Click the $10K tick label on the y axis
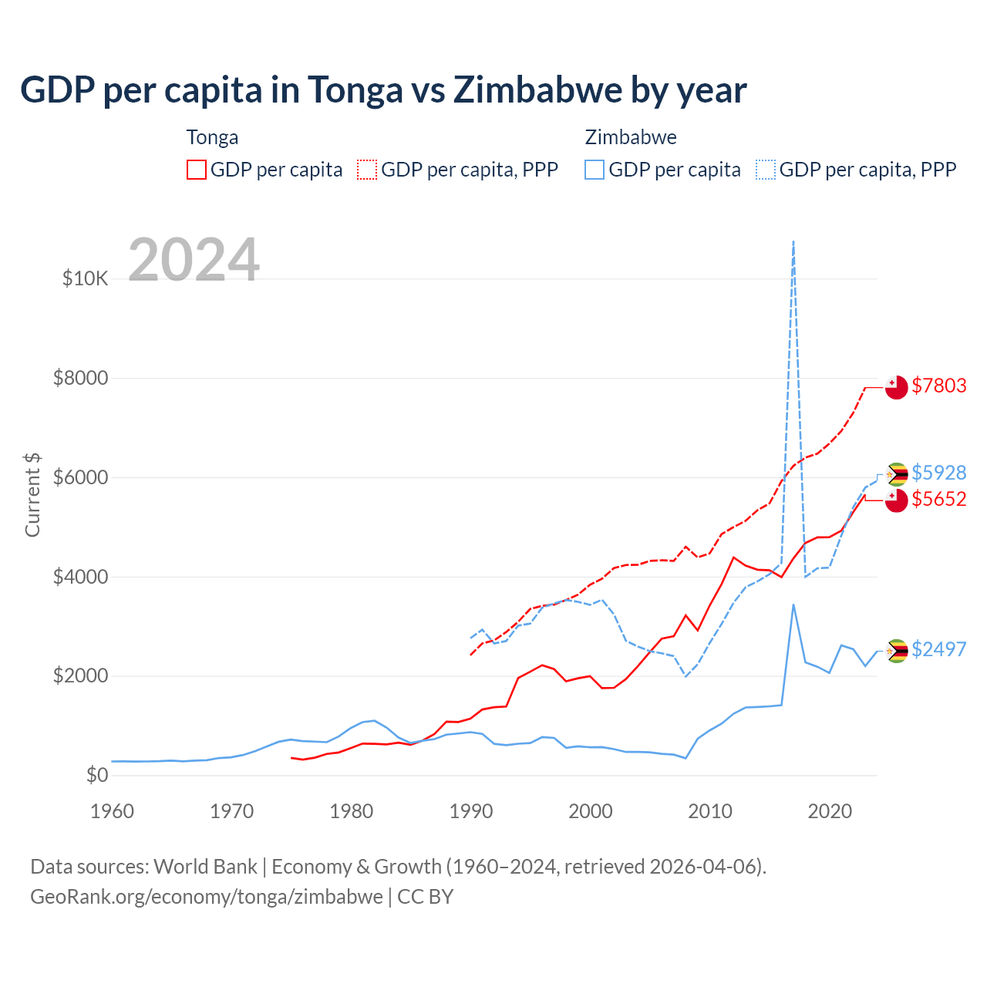[x=86, y=278]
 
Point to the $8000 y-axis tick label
[x=80, y=378]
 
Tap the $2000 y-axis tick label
[x=80, y=676]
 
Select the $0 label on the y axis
[x=96, y=775]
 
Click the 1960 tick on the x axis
[x=112, y=811]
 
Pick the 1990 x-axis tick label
[x=471, y=811]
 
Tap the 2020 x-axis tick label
[x=830, y=811]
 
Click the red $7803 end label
[x=938, y=386]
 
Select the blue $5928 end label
[x=938, y=472]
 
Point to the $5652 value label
[x=938, y=499]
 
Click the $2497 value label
[x=938, y=649]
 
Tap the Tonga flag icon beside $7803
[x=896, y=387]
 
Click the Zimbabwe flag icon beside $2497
[x=896, y=652]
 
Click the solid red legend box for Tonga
[x=197, y=170]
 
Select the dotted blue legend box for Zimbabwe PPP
[x=766, y=170]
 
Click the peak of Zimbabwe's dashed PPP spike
[x=793, y=242]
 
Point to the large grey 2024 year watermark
[x=194, y=260]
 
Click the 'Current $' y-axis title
[x=32, y=495]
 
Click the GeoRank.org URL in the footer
[x=207, y=897]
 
